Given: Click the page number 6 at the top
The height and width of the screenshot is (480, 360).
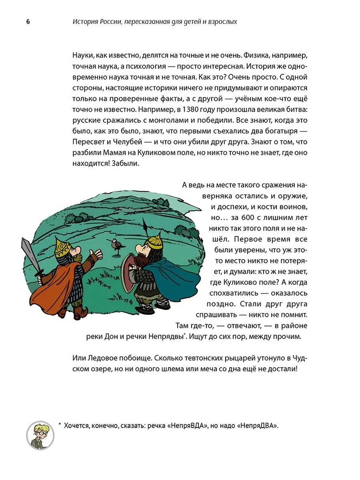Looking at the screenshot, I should coord(22,22).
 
